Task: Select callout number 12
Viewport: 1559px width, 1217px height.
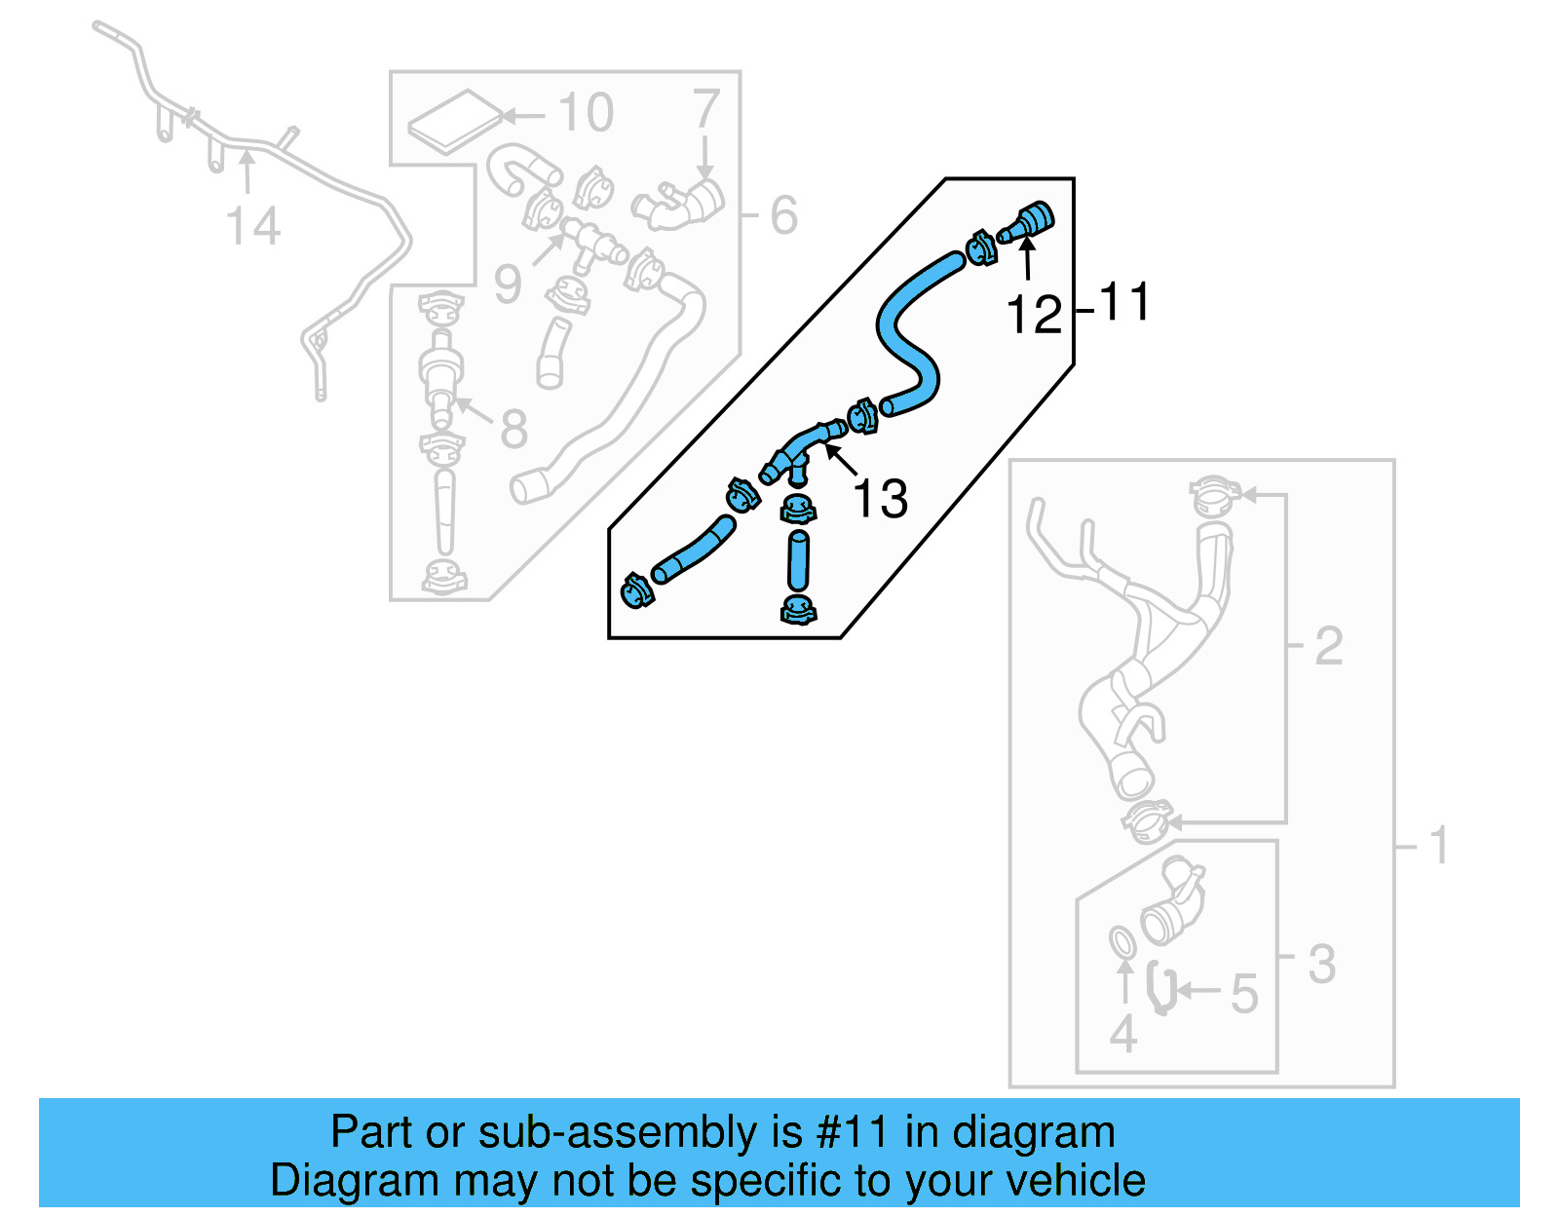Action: tap(1034, 315)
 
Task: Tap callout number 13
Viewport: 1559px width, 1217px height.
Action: tap(880, 498)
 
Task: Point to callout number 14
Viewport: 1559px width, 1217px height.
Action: tap(252, 226)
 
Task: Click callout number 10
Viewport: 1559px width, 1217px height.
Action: tap(586, 113)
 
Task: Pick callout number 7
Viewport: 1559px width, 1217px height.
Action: tap(705, 108)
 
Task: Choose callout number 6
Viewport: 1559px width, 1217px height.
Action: tap(783, 215)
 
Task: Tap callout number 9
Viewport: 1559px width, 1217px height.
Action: tap(508, 284)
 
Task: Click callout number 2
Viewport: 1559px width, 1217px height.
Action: tap(1328, 645)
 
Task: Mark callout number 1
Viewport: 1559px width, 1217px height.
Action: tap(1439, 845)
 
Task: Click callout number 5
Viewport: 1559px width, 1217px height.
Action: tap(1244, 993)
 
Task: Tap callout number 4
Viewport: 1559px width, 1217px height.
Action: tap(1122, 1034)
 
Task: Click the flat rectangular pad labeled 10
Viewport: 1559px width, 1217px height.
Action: tap(454, 122)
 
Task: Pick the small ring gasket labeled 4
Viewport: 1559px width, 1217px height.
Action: tap(1122, 943)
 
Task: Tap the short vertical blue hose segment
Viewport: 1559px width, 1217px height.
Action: tap(798, 560)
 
